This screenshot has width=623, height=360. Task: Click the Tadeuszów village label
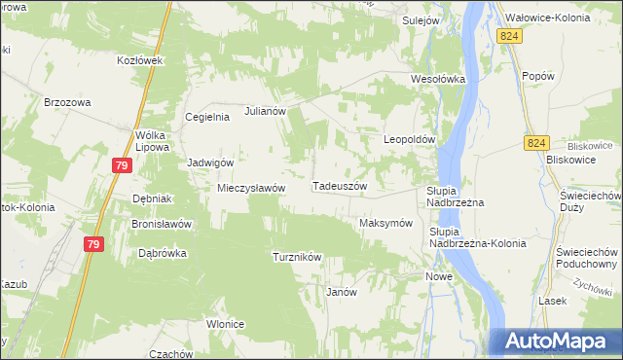coord(340,185)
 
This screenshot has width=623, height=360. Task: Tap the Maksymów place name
coord(386,223)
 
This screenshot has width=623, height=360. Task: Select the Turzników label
coord(297,257)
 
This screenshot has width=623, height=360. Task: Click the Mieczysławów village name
coord(250,188)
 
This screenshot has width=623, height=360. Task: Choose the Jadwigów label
coord(210,162)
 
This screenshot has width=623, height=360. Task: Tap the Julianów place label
coord(265,111)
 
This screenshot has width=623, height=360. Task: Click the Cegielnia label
coord(207,117)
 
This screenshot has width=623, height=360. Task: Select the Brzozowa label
coord(67,100)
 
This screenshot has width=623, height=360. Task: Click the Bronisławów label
coord(162,223)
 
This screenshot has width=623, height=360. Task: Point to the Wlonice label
coord(225,324)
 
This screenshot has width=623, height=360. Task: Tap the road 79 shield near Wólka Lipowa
coord(121,166)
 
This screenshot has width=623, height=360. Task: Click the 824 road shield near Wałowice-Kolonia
coord(508,36)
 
